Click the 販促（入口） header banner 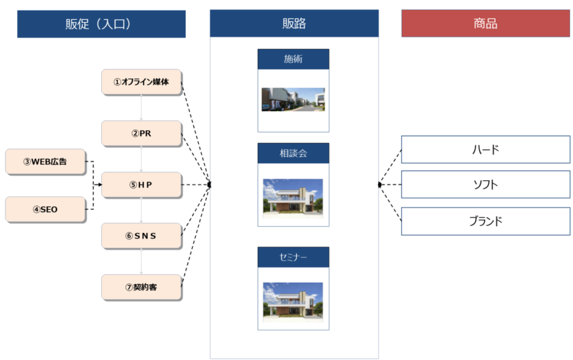tap(101, 24)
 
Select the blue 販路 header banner tap(294, 24)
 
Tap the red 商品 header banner tap(485, 24)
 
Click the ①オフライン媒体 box tap(142, 82)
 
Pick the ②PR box tap(142, 133)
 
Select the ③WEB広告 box tap(45, 161)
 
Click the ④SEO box tap(45, 209)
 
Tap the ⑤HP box tap(142, 185)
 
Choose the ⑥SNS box tap(142, 236)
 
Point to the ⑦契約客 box tap(142, 287)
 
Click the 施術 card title tap(293, 59)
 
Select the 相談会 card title tap(293, 153)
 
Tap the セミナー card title tap(293, 257)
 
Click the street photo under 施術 tap(293, 100)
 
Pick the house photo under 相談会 tap(293, 197)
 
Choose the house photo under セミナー tap(293, 301)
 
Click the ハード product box tap(485, 149)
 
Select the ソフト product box tap(485, 185)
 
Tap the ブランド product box tap(485, 221)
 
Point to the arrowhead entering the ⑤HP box tap(98, 185)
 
